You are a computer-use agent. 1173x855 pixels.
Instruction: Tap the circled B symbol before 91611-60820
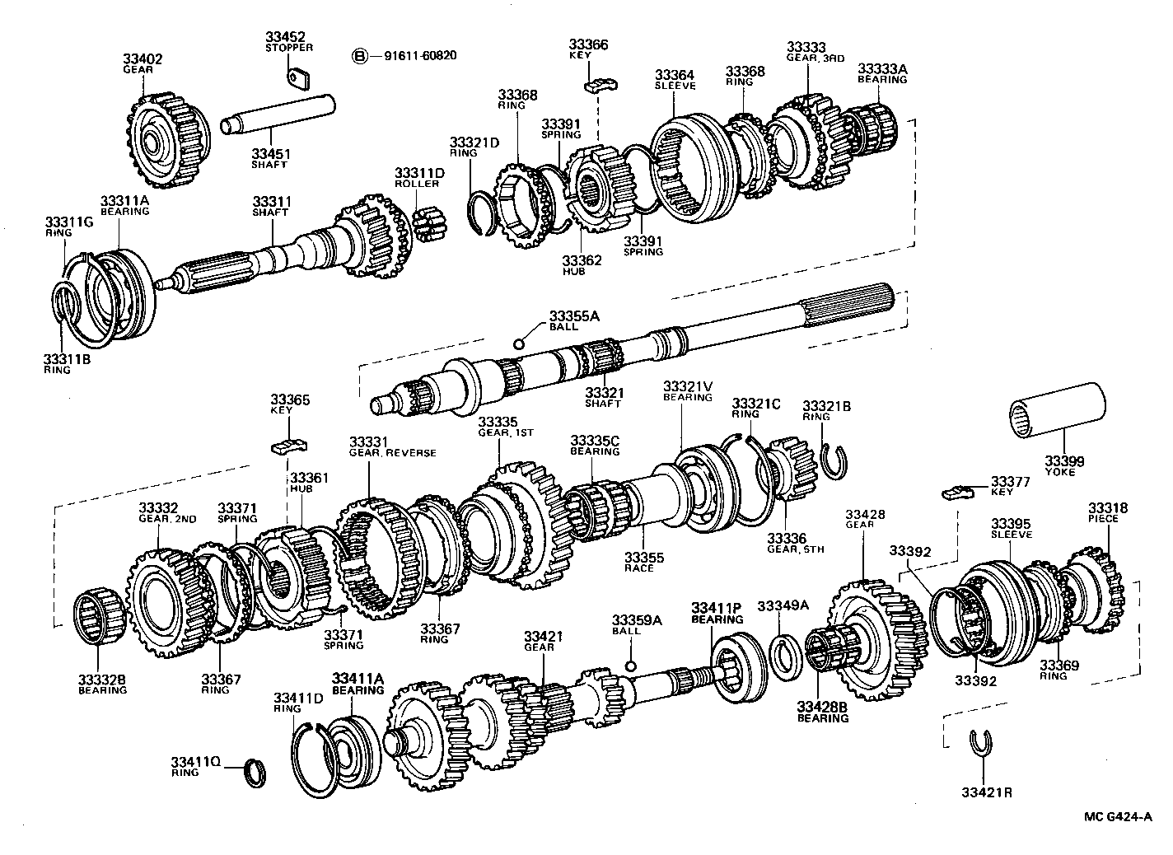pos(359,56)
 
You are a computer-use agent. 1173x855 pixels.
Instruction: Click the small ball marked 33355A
pos(518,343)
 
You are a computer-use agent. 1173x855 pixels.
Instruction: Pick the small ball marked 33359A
pos(630,666)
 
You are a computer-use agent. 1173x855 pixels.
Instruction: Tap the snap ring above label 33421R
pos(979,741)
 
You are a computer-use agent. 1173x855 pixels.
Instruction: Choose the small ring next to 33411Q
pos(258,773)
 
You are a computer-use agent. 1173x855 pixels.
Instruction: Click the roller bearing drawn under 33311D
pos(428,224)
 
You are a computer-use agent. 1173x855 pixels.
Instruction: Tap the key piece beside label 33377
pos(958,493)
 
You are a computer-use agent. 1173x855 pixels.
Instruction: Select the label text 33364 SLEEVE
pos(675,79)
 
